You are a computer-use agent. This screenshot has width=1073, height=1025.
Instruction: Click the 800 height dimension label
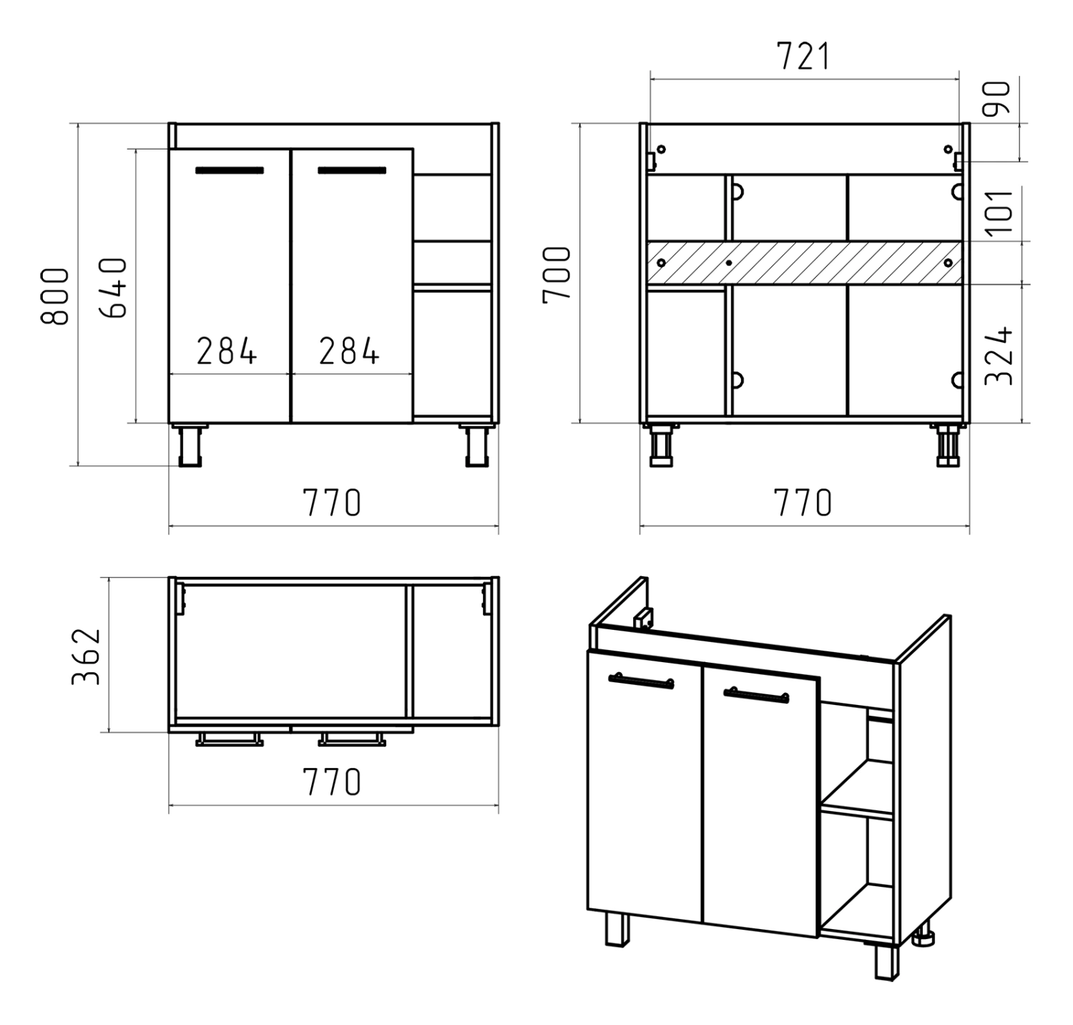click(x=55, y=297)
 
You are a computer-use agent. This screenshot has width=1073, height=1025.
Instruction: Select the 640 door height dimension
click(x=113, y=288)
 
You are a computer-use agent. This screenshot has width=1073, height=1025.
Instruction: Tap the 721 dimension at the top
click(x=804, y=57)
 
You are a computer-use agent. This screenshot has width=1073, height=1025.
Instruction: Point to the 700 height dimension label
click(x=557, y=275)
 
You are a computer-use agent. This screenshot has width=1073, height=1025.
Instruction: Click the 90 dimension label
click(x=999, y=98)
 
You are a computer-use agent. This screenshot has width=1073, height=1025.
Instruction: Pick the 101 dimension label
click(x=999, y=210)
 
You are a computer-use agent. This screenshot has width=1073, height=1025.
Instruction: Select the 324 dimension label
click(x=999, y=356)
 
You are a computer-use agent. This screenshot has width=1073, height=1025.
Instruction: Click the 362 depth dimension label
click(x=86, y=656)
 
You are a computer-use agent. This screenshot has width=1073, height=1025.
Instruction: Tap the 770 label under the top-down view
click(x=332, y=782)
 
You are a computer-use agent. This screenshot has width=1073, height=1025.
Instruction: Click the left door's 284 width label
click(x=227, y=351)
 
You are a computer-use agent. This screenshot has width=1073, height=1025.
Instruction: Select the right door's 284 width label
click(x=349, y=351)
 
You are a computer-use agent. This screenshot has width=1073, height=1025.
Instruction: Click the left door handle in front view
click(x=230, y=170)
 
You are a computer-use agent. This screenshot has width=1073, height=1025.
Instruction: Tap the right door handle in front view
click(x=352, y=170)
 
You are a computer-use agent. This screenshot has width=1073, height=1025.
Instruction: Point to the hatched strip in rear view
click(x=804, y=263)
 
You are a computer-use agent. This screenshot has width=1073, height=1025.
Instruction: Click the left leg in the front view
click(x=189, y=445)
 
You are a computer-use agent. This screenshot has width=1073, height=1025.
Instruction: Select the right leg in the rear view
click(x=948, y=445)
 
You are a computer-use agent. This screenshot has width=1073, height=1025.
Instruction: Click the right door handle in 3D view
click(x=756, y=694)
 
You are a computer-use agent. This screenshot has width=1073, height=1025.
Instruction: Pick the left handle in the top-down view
click(x=230, y=739)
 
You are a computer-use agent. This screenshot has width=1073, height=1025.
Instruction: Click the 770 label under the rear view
click(x=804, y=503)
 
